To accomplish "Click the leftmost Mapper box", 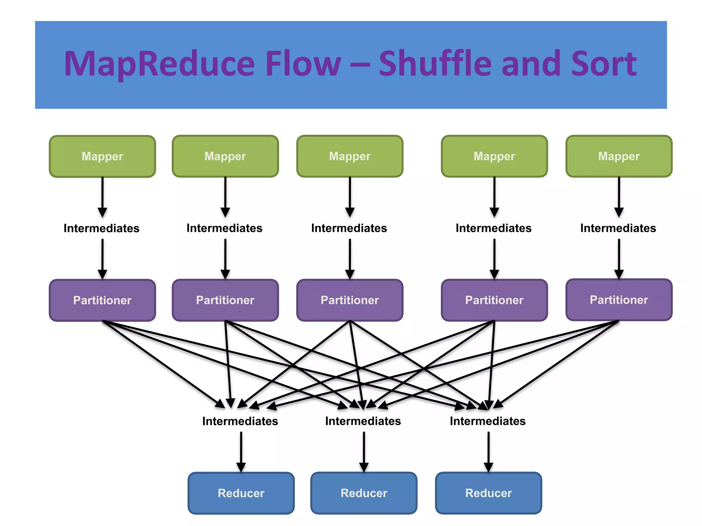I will click(102, 156).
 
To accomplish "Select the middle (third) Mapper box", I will click(350, 156).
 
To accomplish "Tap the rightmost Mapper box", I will click(619, 156).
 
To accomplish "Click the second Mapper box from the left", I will click(225, 156).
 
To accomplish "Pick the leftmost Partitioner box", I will click(102, 300).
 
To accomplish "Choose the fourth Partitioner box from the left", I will click(494, 300).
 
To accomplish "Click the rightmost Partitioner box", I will click(619, 300).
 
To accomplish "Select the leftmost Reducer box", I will click(241, 493).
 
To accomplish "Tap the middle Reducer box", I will click(364, 493).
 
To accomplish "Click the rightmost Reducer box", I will click(488, 493).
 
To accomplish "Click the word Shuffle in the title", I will click(435, 64).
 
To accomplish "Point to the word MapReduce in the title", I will click(159, 64).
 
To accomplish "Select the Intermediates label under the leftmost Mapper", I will click(101, 228).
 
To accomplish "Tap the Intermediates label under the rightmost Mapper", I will click(618, 228).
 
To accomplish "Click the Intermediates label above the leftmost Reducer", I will click(240, 421).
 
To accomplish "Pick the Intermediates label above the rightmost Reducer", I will click(487, 421).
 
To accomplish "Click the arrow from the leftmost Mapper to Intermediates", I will click(102, 197).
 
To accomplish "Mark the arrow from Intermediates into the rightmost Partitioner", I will click(619, 259).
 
